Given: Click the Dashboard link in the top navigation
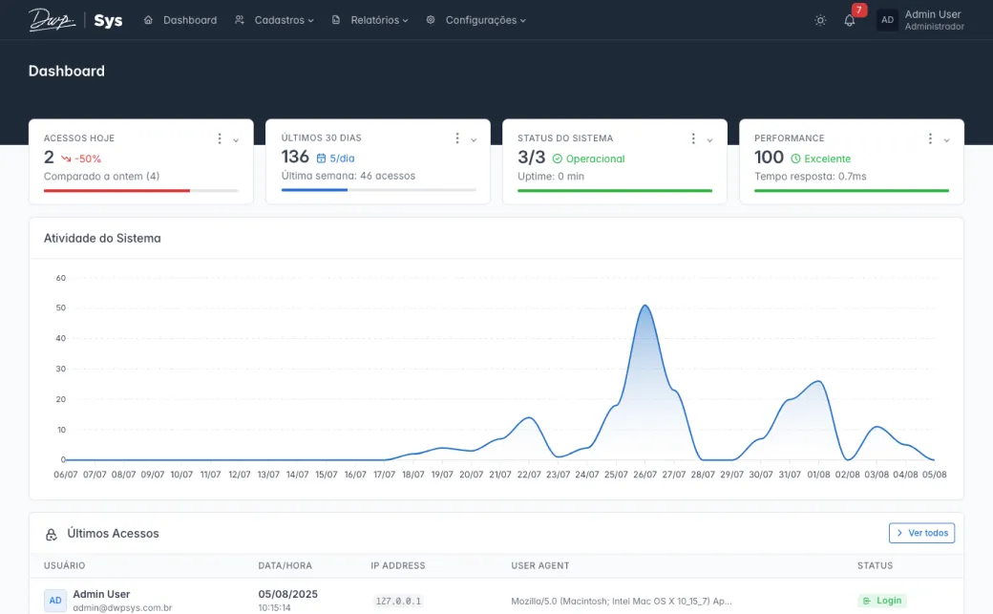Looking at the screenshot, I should pyautogui.click(x=180, y=20).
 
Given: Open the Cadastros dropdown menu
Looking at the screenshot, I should pyautogui.click(x=274, y=20).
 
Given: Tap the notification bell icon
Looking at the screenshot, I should pyautogui.click(x=850, y=20).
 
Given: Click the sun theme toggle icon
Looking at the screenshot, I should pyautogui.click(x=820, y=20).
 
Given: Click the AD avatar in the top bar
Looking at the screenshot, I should pyautogui.click(x=887, y=20).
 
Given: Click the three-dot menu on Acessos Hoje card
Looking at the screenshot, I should pyautogui.click(x=220, y=139).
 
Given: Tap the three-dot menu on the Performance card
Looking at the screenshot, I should pyautogui.click(x=930, y=139).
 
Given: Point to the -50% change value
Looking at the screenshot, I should pyautogui.click(x=88, y=159).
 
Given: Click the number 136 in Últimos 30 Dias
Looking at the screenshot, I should pyautogui.click(x=295, y=158).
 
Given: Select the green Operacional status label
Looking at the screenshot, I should pyautogui.click(x=595, y=159).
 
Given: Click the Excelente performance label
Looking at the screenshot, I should pyautogui.click(x=827, y=159).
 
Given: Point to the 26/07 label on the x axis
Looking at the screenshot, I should pyautogui.click(x=644, y=475).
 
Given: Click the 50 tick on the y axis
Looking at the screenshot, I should pyautogui.click(x=61, y=307).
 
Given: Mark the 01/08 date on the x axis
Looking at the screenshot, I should pyautogui.click(x=818, y=475).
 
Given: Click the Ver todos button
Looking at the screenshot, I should pyautogui.click(x=921, y=533).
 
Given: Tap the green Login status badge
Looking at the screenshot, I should pyautogui.click(x=881, y=601).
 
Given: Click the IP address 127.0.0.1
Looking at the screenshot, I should pyautogui.click(x=398, y=602).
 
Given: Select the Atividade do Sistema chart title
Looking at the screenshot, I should pyautogui.click(x=102, y=238).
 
